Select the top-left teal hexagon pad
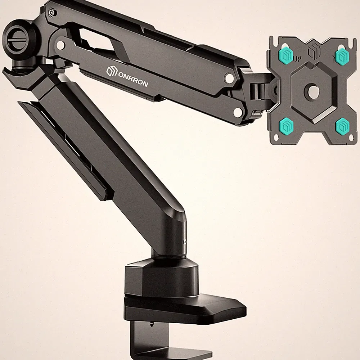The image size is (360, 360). click(286, 54)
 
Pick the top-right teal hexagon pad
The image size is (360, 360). click(342, 55)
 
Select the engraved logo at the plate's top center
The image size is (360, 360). click(313, 51)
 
